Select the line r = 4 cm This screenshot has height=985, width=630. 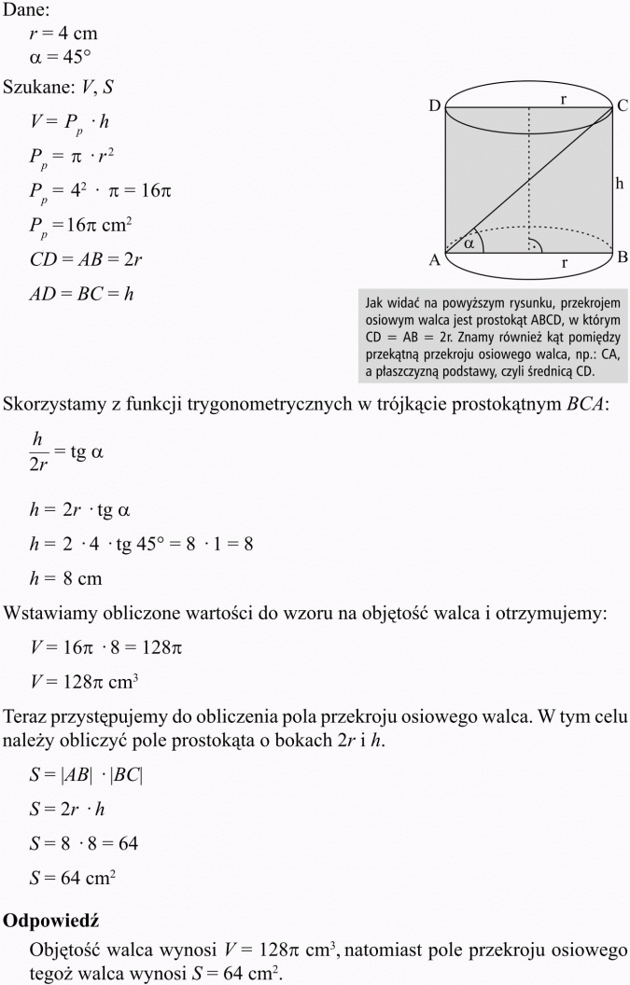63,34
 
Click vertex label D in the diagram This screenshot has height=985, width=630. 434,106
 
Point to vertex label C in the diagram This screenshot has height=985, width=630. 622,106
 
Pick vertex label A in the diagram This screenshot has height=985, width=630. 434,261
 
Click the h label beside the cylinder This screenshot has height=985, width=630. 619,185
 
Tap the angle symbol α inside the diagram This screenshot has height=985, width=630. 469,243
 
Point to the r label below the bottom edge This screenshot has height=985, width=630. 565,265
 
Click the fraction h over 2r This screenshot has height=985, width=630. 38,452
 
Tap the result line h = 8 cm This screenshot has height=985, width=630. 66,578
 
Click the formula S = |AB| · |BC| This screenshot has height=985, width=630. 87,775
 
